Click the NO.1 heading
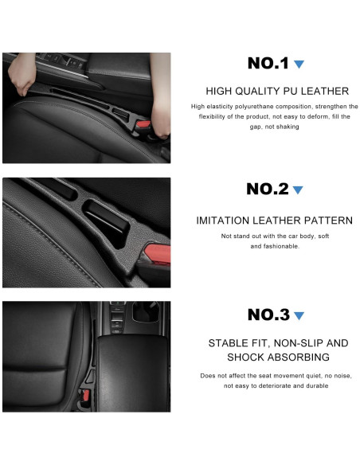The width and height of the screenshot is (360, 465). [268, 64]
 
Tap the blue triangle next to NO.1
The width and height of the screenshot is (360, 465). [299, 64]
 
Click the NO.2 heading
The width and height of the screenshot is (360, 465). [268, 190]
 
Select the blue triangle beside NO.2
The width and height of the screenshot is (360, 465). [298, 190]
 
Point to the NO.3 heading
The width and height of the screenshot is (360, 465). [268, 315]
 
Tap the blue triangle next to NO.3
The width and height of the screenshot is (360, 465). [299, 315]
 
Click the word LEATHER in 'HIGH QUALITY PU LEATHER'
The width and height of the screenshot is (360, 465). [323, 92]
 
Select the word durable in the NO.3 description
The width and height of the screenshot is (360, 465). [313, 386]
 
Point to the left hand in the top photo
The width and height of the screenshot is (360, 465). [22, 75]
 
